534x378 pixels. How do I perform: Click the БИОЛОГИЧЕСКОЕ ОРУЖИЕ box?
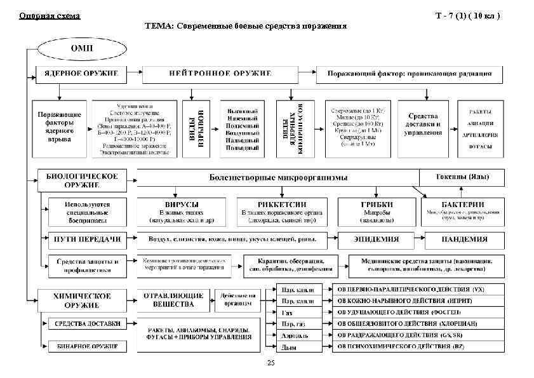tap(81, 179)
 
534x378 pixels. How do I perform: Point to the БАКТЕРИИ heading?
tap(461, 203)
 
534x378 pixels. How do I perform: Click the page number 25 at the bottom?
tap(271, 362)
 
